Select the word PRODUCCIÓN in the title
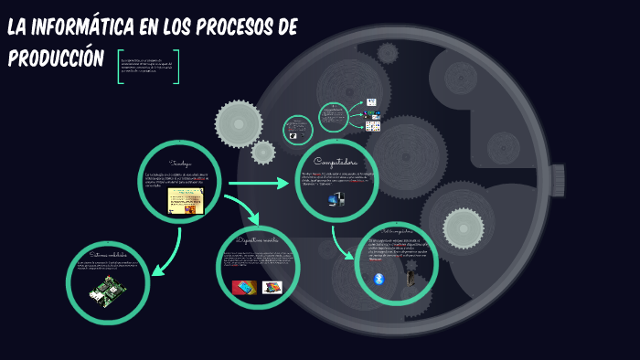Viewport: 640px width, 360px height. [x=55, y=58]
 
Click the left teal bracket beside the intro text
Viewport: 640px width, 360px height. [x=120, y=67]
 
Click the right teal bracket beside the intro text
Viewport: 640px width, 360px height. [x=176, y=67]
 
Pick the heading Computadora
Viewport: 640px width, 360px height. [x=336, y=162]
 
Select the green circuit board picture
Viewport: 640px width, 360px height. [x=106, y=293]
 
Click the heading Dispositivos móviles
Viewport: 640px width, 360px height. [x=259, y=239]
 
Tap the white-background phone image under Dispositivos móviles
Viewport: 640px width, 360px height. [x=272, y=287]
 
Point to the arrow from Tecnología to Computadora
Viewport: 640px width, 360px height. [x=258, y=185]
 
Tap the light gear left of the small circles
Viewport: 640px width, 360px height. [x=239, y=122]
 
